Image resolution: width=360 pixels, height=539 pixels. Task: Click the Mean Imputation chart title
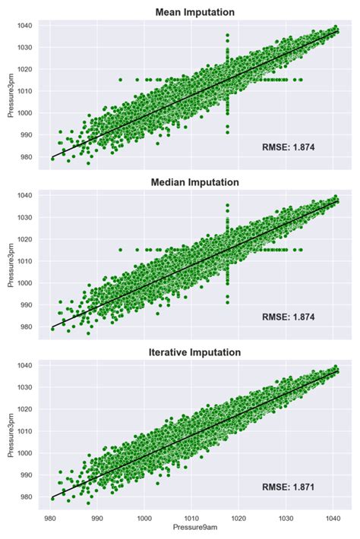194,12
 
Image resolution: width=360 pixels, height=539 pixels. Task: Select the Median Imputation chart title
194,182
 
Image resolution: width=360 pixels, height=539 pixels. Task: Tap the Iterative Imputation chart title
194,352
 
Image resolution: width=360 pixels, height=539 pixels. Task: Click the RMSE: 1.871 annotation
288,487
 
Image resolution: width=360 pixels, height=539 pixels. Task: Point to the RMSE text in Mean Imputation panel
288,147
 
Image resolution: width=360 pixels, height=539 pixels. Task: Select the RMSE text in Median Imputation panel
288,317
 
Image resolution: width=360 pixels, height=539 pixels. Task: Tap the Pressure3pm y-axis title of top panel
10,93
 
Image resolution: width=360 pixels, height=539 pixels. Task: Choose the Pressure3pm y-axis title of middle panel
10,263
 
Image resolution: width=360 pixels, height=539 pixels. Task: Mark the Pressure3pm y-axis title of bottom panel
10,433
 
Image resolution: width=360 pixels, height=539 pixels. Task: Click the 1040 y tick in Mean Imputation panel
26,26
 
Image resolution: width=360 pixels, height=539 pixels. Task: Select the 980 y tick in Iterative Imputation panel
26,497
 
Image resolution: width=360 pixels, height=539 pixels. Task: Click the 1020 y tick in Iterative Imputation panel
26,409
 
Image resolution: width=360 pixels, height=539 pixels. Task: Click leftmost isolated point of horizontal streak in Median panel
120,250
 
